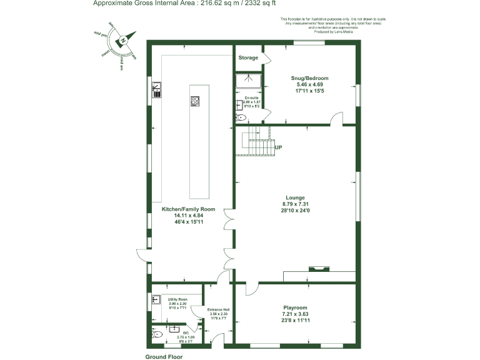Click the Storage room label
click(x=248, y=58)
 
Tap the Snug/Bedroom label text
click(x=309, y=78)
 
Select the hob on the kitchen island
click(x=194, y=101)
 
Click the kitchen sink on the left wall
click(x=157, y=91)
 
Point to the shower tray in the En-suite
click(x=248, y=82)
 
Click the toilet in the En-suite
click(x=241, y=117)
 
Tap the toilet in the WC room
click(x=158, y=335)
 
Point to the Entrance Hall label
click(x=219, y=309)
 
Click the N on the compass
click(x=124, y=40)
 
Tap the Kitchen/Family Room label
click(x=188, y=209)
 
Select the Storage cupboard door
click(x=266, y=57)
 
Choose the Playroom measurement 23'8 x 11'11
click(x=295, y=321)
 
